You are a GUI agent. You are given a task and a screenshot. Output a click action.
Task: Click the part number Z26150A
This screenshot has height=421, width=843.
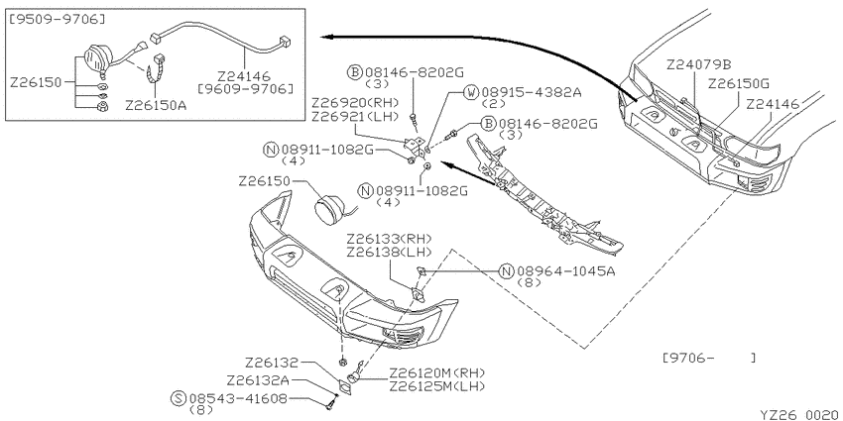(156, 105)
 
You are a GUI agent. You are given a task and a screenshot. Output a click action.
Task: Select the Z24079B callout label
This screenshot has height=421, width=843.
(699, 65)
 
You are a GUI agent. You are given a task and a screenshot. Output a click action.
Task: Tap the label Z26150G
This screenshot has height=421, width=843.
(739, 84)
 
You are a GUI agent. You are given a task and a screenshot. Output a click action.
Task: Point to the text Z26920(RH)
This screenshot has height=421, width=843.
(354, 103)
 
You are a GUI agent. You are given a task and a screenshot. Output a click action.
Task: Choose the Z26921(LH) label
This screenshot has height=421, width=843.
(354, 116)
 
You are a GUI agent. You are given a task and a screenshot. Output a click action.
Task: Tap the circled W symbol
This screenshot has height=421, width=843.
(471, 92)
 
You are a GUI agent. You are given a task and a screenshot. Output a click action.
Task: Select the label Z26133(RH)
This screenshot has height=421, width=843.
(389, 239)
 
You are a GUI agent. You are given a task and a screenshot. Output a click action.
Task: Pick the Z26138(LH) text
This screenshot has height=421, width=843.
(389, 252)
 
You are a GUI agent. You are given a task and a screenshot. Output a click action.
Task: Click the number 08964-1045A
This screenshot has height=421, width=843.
(565, 271)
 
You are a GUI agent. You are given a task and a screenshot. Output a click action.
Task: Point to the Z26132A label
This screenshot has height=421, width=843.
(258, 380)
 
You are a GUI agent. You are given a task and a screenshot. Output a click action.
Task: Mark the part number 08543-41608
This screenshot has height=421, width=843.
(238, 399)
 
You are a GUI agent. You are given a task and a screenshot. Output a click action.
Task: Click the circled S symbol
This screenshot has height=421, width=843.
(179, 399)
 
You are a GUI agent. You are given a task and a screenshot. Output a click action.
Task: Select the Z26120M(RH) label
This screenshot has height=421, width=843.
(436, 372)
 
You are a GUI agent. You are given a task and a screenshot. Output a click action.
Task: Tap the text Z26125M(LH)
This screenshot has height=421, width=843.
(436, 386)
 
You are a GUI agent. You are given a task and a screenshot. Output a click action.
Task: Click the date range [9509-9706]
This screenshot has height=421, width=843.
(58, 20)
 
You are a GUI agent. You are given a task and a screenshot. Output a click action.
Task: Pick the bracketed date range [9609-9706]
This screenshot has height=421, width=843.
(246, 88)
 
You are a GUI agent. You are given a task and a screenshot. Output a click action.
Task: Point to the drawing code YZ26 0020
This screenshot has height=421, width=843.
(801, 415)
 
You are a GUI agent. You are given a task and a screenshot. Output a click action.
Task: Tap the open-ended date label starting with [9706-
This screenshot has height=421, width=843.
(708, 358)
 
